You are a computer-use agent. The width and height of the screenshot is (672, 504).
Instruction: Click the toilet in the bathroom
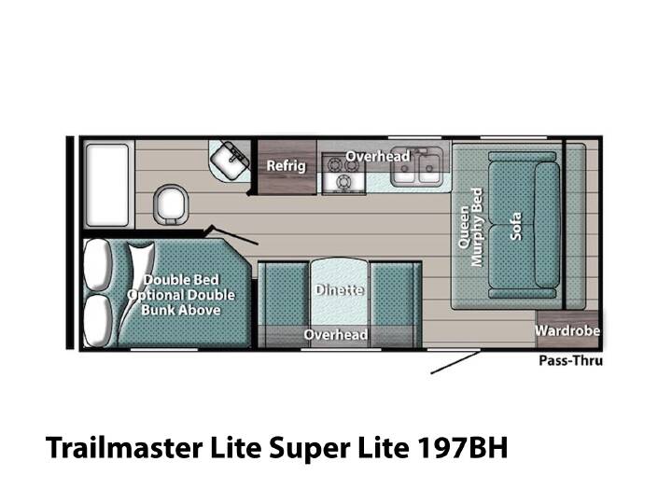tap(171, 205)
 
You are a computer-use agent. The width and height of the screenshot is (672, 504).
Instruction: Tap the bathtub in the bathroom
tap(107, 185)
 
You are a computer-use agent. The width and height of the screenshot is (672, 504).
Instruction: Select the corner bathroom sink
tap(230, 160)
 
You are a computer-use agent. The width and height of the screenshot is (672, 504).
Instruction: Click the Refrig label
tap(287, 165)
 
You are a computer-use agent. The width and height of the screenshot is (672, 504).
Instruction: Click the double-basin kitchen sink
tap(416, 168)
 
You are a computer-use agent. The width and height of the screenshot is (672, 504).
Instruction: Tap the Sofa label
tap(516, 226)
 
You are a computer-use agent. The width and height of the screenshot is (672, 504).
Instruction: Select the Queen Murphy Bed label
tap(470, 227)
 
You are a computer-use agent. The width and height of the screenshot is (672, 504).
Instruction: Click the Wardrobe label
tap(567, 330)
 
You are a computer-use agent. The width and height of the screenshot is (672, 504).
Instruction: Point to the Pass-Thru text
tap(570, 361)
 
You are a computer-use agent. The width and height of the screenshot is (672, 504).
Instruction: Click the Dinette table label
tap(340, 290)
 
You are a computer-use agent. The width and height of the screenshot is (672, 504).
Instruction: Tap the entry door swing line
tap(455, 362)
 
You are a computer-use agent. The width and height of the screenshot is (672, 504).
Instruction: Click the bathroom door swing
tap(232, 235)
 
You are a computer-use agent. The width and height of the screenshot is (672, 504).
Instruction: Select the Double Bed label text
tap(181, 280)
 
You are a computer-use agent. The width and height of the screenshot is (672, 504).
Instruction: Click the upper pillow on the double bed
tap(98, 264)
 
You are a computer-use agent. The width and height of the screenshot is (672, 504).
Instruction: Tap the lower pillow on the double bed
tap(98, 319)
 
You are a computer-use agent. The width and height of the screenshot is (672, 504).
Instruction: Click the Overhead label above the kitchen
tap(378, 157)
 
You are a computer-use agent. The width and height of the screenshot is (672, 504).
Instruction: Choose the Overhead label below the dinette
tap(336, 334)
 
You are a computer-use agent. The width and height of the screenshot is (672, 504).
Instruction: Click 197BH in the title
tap(462, 447)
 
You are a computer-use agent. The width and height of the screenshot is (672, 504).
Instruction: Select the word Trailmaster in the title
tap(124, 447)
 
